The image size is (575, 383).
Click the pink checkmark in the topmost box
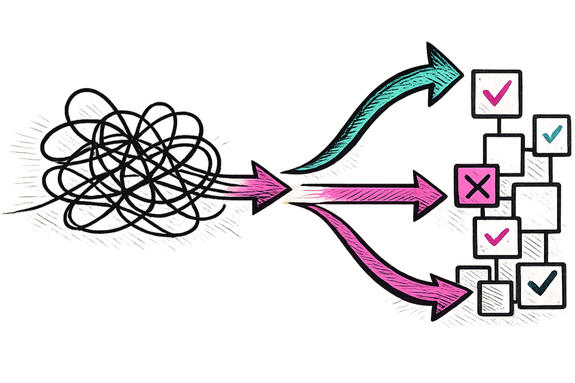(497, 94)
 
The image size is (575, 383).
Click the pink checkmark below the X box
(496, 236)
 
